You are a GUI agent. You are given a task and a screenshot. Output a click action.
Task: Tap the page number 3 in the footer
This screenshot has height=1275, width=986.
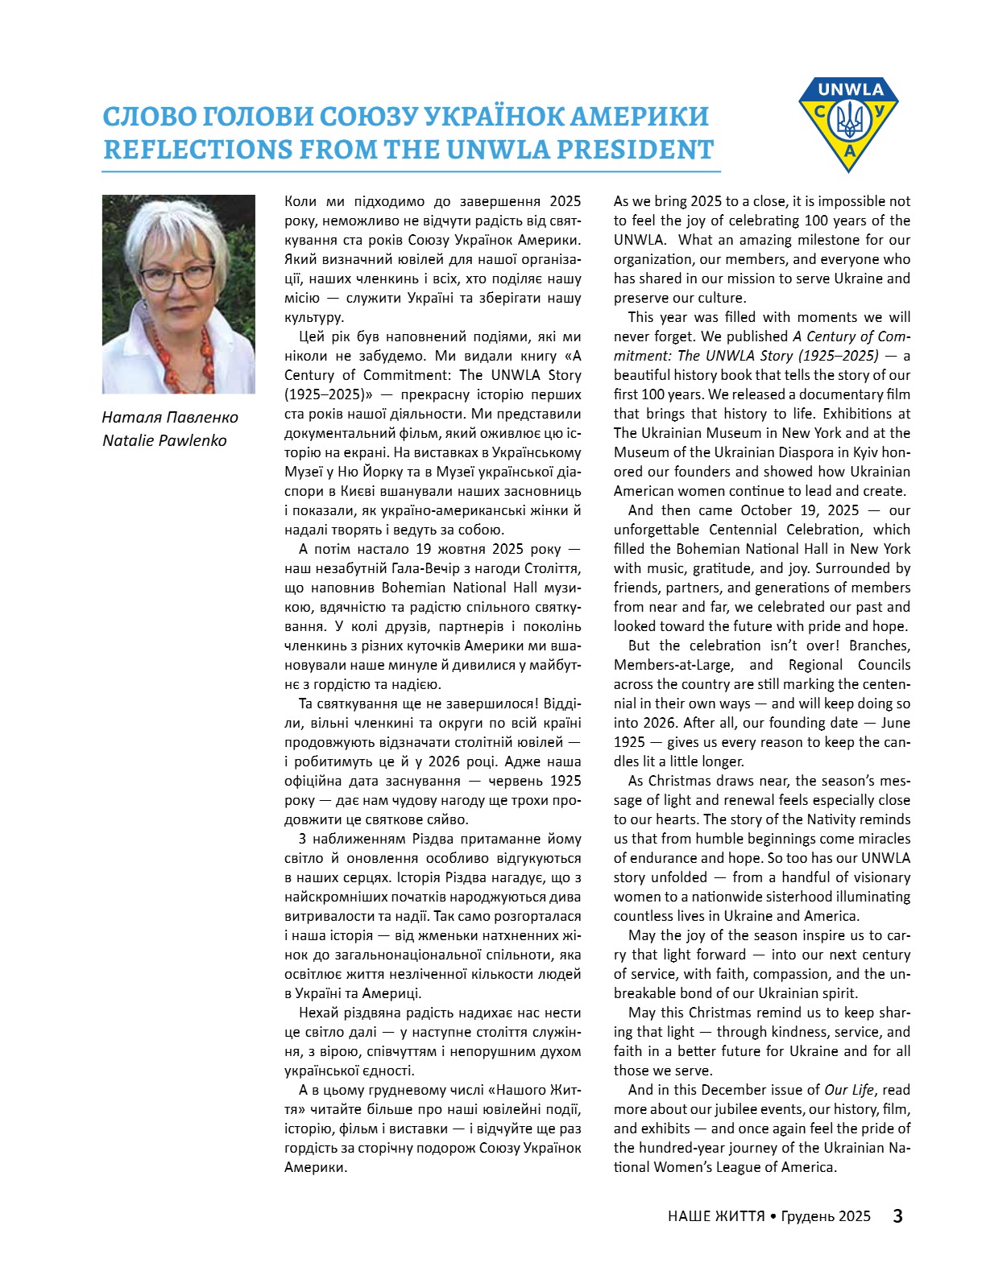pos(897,1215)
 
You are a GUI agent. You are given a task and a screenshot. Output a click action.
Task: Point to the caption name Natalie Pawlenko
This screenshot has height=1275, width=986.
pos(164,440)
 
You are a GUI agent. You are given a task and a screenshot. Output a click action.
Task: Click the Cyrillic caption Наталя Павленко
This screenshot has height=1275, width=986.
pos(170,417)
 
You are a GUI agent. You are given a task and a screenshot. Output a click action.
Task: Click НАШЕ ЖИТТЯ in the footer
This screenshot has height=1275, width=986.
pos(716,1216)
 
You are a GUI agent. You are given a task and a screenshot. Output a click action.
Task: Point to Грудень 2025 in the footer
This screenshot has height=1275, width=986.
pos(826,1216)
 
